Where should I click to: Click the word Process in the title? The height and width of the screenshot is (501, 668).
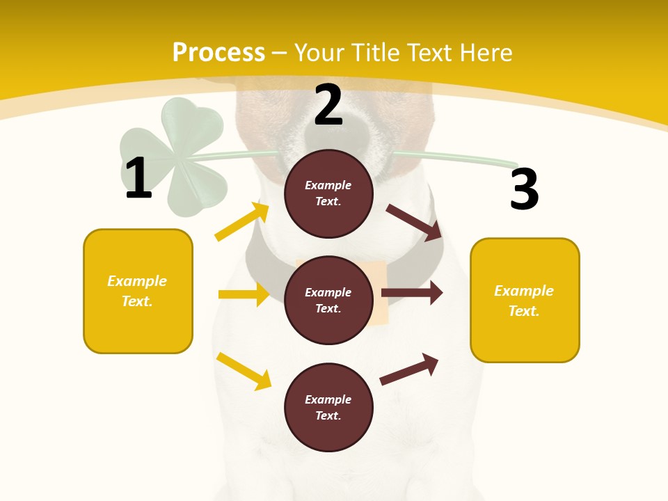(218, 53)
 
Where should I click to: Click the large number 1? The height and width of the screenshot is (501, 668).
(138, 179)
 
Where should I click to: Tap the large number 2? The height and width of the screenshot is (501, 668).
(328, 105)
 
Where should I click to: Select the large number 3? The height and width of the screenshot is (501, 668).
(524, 189)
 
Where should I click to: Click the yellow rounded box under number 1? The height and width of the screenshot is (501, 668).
(138, 291)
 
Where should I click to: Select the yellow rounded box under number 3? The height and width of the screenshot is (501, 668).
(525, 300)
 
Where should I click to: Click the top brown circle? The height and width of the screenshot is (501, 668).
(328, 193)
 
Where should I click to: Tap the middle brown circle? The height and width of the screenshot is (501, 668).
(328, 300)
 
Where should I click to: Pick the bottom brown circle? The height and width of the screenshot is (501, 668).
(328, 407)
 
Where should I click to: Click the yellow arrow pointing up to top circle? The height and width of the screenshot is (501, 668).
(242, 222)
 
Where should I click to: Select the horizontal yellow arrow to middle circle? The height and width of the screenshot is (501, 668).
(244, 294)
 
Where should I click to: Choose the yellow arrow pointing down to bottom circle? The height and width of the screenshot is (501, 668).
(244, 371)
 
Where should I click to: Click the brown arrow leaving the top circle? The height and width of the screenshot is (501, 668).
(415, 222)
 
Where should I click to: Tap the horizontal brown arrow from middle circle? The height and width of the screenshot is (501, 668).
(412, 293)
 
